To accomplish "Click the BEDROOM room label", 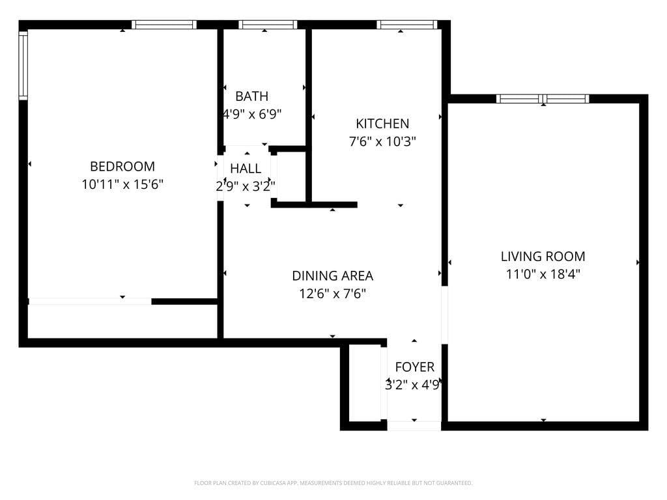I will pyautogui.click(x=122, y=166).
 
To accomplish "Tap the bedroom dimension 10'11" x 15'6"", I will pyautogui.click(x=122, y=184).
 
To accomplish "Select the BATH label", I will pyautogui.click(x=251, y=96).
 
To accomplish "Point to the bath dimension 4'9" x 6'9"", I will pyautogui.click(x=252, y=114).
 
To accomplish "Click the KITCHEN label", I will pyautogui.click(x=382, y=124).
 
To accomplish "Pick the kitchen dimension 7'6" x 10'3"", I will pyautogui.click(x=382, y=141).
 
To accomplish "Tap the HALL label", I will pyautogui.click(x=246, y=169).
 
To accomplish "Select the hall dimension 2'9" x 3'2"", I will pyautogui.click(x=246, y=186).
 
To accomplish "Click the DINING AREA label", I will pyautogui.click(x=332, y=276).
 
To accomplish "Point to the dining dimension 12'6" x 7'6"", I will pyautogui.click(x=332, y=294).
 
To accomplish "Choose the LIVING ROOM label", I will pyautogui.click(x=543, y=257).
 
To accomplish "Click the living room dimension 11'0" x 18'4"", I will pyautogui.click(x=543, y=274).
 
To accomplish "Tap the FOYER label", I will pyautogui.click(x=414, y=367).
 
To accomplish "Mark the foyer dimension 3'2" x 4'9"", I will pyautogui.click(x=414, y=385).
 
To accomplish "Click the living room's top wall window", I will pyautogui.click(x=543, y=99).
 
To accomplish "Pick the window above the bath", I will pyautogui.click(x=268, y=25).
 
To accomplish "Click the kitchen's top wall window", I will pyautogui.click(x=406, y=25).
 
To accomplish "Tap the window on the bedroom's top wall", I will pyautogui.click(x=163, y=25).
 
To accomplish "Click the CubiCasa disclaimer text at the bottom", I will pyautogui.click(x=333, y=483).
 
